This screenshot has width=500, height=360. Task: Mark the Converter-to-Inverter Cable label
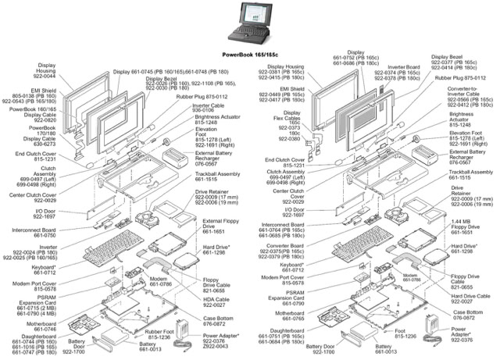tap(467, 93)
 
